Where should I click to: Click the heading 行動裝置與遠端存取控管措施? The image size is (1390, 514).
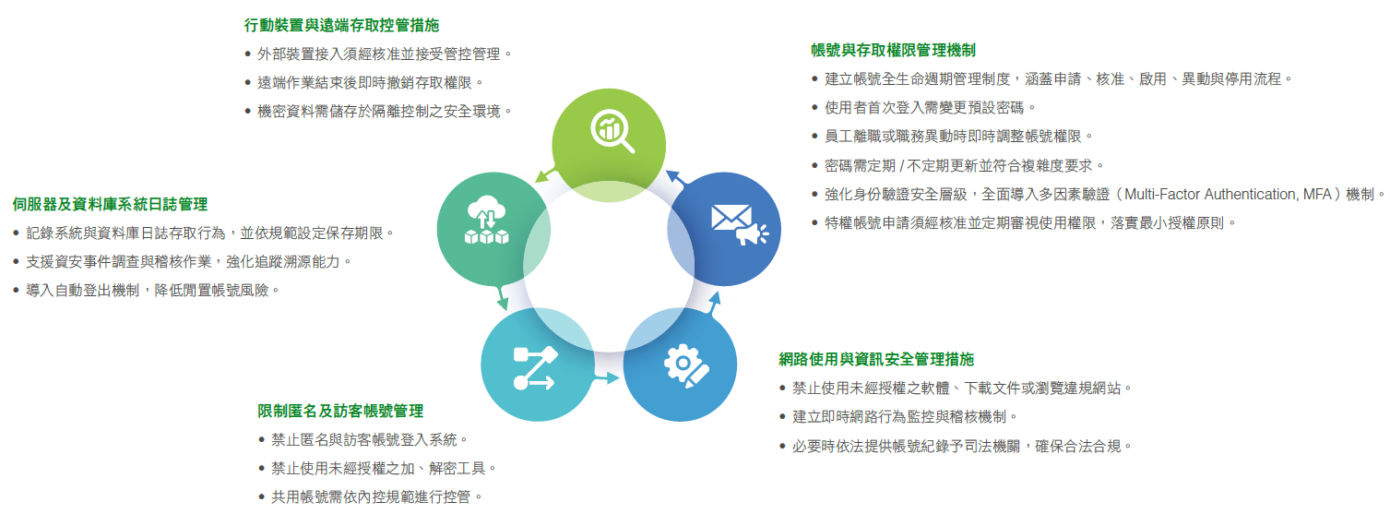[341, 26]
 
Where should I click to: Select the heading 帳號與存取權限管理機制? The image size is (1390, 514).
[893, 50]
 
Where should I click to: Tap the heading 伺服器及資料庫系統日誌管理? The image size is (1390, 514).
[110, 204]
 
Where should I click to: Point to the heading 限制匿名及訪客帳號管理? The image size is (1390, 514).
[340, 411]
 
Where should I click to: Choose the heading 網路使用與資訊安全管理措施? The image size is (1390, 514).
[876, 359]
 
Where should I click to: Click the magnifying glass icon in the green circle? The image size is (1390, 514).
[612, 131]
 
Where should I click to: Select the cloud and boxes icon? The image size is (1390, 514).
[486, 220]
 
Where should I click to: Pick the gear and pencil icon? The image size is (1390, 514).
[686, 366]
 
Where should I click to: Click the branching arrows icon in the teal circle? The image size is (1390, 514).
[535, 368]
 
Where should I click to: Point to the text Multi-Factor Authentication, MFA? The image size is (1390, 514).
[1228, 195]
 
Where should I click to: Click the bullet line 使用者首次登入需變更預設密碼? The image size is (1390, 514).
[923, 108]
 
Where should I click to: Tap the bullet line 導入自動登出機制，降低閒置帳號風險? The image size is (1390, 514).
[147, 291]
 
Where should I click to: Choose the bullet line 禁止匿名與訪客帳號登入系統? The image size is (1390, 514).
[363, 440]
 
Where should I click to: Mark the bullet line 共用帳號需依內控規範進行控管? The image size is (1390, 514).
[371, 497]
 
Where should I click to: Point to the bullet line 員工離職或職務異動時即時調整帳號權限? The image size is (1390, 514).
[952, 137]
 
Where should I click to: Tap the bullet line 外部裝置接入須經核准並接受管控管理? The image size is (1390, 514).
[378, 54]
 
